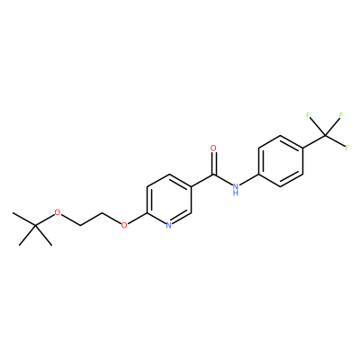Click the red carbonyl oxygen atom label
click(x=213, y=148)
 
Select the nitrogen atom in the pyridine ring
click(x=168, y=225)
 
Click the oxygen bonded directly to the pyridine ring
click(x=124, y=225)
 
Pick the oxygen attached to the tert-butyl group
click(x=58, y=213)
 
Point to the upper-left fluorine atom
click(x=308, y=115)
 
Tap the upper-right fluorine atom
click(x=341, y=115)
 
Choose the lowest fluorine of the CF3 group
click(x=347, y=148)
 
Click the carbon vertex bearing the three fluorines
click(x=325, y=137)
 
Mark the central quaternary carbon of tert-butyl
click(x=35, y=225)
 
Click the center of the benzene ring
click(x=281, y=161)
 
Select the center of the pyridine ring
click(x=169, y=200)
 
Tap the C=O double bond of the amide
click(x=213, y=164)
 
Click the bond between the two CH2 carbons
click(x=91, y=219)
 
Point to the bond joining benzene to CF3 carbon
click(x=314, y=142)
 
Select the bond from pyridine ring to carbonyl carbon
click(x=202, y=181)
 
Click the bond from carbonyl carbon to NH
click(x=222, y=180)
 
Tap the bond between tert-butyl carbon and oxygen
click(x=45, y=220)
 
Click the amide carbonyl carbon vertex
click(x=213, y=175)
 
